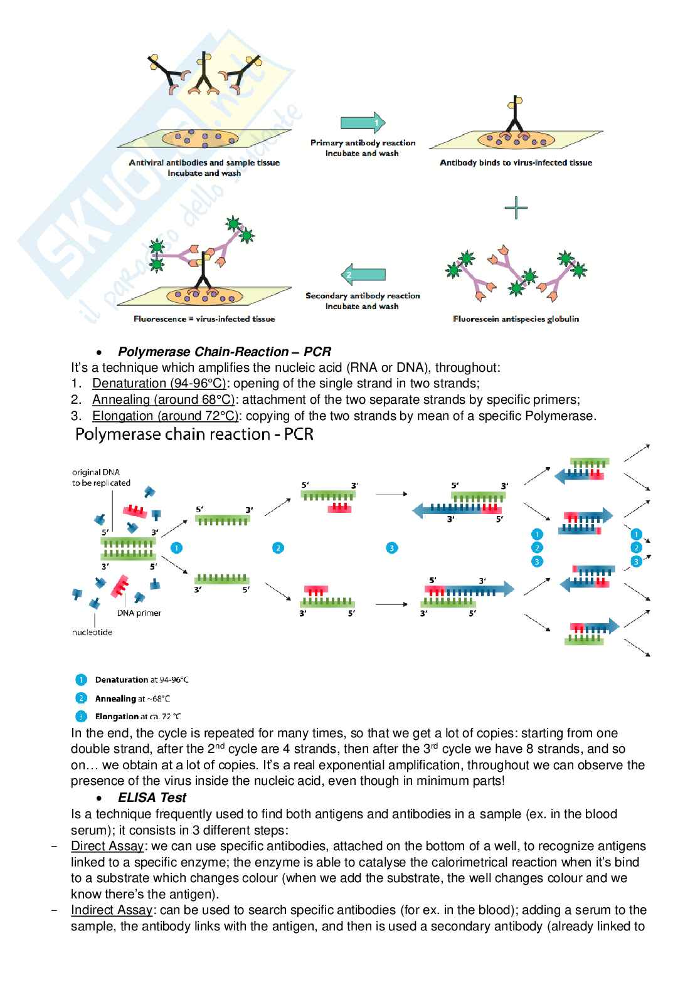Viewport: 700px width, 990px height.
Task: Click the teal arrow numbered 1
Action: pos(363,123)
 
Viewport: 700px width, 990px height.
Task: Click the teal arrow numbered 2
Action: pos(363,275)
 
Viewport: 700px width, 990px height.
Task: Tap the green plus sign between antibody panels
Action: pos(516,208)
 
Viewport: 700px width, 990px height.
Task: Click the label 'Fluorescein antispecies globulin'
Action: pos(516,319)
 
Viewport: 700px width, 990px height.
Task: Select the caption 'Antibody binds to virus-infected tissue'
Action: pos(516,163)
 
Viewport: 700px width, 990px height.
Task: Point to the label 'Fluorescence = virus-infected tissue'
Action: pos(204,319)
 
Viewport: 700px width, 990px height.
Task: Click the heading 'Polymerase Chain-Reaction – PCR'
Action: pos(224,352)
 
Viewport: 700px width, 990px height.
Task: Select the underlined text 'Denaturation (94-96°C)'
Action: pos(159,384)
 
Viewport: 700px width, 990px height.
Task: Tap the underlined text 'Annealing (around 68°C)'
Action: pos(163,400)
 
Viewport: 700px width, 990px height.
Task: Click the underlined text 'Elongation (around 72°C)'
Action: pos(165,416)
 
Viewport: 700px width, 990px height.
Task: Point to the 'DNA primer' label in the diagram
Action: pos(139,613)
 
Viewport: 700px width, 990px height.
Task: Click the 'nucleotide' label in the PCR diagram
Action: pos(92,633)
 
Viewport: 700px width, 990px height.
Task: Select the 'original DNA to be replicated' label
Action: pos(101,478)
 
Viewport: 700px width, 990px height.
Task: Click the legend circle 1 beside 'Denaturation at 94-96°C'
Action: pos(81,680)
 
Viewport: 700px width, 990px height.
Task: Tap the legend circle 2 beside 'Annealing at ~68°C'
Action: pos(81,698)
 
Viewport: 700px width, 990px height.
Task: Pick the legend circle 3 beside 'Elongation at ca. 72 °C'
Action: pos(81,716)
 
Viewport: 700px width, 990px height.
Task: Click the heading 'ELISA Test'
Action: pos(152,798)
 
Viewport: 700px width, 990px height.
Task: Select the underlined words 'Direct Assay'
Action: pos(107,846)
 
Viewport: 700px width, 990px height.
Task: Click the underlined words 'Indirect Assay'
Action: pos(112,910)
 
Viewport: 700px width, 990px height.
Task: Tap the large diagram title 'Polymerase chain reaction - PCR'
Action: pos(194,434)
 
